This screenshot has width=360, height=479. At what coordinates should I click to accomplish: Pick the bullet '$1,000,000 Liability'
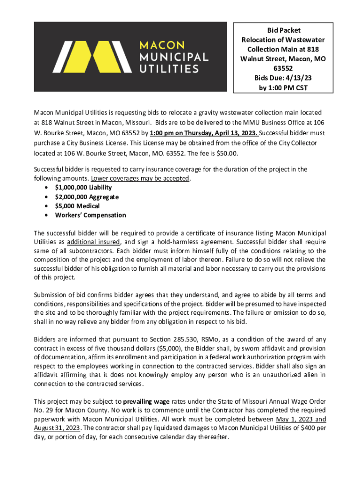[x=83, y=188]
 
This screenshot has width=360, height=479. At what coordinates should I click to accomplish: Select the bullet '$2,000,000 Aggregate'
[x=86, y=197]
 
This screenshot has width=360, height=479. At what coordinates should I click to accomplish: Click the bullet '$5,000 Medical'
[x=77, y=206]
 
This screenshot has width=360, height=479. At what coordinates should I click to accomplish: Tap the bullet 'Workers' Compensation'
[x=90, y=215]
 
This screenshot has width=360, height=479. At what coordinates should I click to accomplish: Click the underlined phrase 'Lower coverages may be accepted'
[x=140, y=179]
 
